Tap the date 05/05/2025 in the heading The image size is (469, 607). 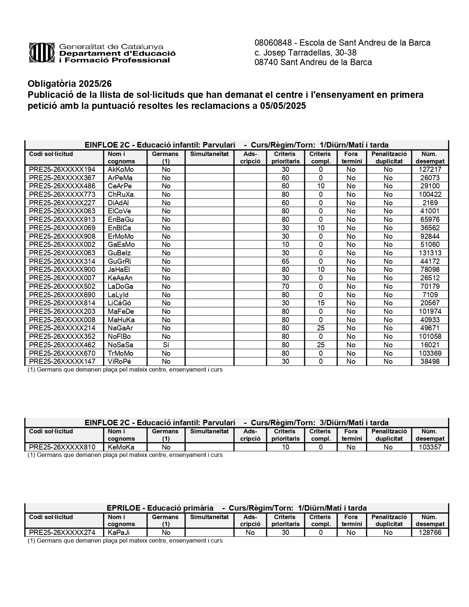pyautogui.click(x=283, y=106)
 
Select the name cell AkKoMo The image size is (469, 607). pyautogui.click(x=121, y=170)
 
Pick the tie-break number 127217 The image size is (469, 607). pyautogui.click(x=430, y=170)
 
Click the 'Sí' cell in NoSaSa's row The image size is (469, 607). pyautogui.click(x=166, y=345)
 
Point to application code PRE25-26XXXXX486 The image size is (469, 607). pyautogui.click(x=62, y=186)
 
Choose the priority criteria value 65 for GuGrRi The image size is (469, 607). pyautogui.click(x=285, y=262)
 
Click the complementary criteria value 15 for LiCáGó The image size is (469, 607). pyautogui.click(x=320, y=303)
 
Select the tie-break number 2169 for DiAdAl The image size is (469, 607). pyautogui.click(x=430, y=203)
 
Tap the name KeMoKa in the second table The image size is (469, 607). pyautogui.click(x=121, y=447)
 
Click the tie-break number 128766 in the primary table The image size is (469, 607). pyautogui.click(x=430, y=533)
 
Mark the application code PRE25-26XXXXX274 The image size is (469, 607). pyautogui.click(x=62, y=533)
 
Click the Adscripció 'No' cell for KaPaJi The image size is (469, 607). pyautogui.click(x=250, y=533)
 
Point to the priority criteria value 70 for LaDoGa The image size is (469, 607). pyautogui.click(x=285, y=287)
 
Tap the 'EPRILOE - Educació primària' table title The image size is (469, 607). pyautogui.click(x=160, y=508)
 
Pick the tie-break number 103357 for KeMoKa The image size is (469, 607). pyautogui.click(x=430, y=447)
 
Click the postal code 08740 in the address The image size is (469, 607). pyautogui.click(x=266, y=63)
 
